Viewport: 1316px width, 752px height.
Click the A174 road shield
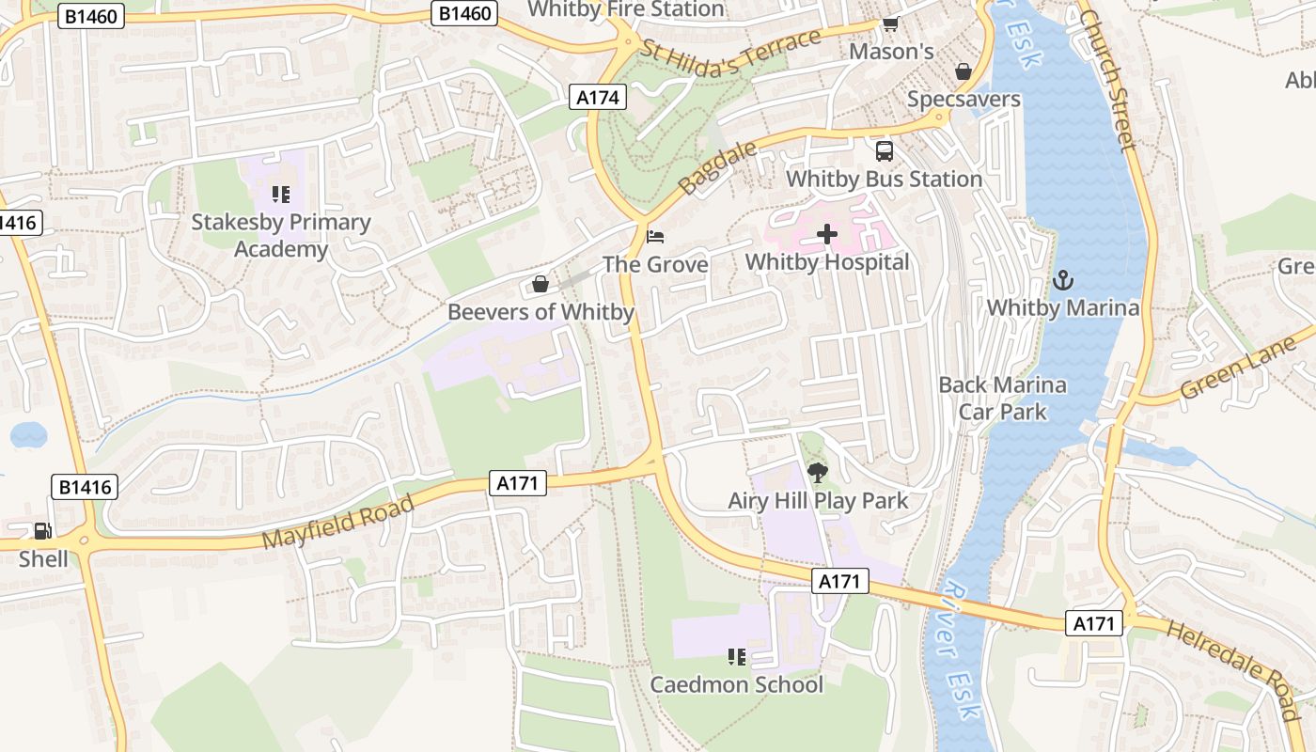tap(598, 97)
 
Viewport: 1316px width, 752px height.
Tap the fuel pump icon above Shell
tap(42, 531)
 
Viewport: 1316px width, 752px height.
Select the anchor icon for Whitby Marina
tap(1062, 279)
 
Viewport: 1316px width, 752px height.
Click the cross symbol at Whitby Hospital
tap(827, 234)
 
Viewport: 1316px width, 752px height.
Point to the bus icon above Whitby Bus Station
tap(884, 150)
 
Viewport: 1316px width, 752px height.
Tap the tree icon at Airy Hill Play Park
tap(818, 473)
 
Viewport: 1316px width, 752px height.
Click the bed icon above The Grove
tap(655, 235)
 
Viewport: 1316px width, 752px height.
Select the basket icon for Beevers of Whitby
tap(540, 283)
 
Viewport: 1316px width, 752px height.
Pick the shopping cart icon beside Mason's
tap(889, 23)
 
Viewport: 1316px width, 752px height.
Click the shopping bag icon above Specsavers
tap(963, 71)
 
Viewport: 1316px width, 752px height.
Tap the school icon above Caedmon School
tap(736, 656)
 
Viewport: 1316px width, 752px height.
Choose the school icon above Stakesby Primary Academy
tap(280, 195)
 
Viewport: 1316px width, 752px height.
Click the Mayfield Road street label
tap(337, 523)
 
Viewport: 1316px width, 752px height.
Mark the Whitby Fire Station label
tap(626, 9)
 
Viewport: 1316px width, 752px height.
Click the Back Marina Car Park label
tap(1003, 398)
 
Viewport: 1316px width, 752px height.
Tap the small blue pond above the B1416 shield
tap(28, 434)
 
